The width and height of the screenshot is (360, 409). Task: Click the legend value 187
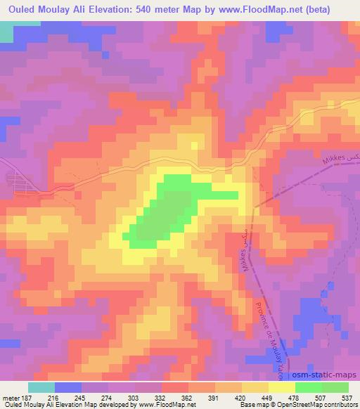[26, 396]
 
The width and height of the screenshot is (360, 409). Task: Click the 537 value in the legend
[346, 396]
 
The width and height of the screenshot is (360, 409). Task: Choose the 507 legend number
[323, 396]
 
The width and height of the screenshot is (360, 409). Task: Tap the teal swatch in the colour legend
[41, 387]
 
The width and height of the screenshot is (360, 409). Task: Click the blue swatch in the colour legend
[68, 387]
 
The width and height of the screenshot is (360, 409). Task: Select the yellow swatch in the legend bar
[282, 387]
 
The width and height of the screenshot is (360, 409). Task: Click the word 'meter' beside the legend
[10, 396]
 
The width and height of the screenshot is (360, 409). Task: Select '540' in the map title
[141, 9]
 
